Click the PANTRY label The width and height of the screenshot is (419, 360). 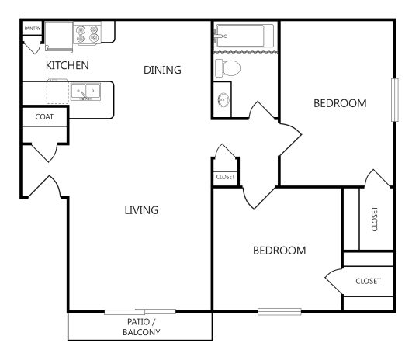coord(33,29)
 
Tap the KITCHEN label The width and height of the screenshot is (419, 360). coord(67,65)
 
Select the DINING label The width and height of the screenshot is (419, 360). coord(162,70)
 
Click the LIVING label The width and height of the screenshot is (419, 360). coord(141,209)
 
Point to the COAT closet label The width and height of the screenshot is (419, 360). coord(44,117)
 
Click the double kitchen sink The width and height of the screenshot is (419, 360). coord(85,92)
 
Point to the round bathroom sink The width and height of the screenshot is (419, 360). coord(224,100)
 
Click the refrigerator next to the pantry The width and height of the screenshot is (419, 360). coord(57,33)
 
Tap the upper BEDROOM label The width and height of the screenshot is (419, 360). coord(340,103)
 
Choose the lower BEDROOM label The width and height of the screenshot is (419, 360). coord(279,251)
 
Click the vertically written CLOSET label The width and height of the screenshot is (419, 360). coord(375,219)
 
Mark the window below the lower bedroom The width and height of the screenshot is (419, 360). coord(279,312)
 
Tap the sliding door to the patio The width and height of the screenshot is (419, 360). coord(140,312)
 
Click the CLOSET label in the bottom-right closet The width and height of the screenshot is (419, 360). coord(368,281)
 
